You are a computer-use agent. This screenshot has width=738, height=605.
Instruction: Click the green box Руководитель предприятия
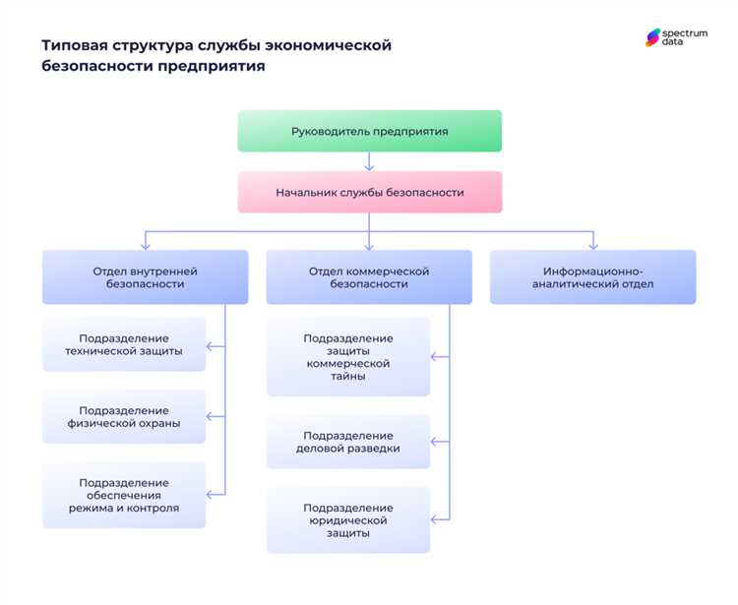[x=369, y=131]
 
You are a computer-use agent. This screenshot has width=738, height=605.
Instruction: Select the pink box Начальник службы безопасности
[x=369, y=192]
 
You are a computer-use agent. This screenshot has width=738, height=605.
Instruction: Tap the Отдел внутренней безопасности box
[x=145, y=276]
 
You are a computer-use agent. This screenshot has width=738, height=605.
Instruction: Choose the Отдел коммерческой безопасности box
[x=369, y=276]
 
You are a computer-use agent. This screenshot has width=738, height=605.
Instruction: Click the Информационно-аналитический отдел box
[x=592, y=276]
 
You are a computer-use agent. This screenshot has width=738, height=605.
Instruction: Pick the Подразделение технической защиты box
[x=124, y=344]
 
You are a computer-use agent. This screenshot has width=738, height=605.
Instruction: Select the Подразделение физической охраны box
[x=124, y=416]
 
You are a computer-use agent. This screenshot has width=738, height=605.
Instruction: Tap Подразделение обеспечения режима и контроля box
[x=124, y=495]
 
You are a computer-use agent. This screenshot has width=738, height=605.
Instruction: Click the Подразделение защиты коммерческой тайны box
[x=347, y=356]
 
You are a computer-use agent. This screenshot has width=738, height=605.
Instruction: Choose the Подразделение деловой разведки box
[x=347, y=442]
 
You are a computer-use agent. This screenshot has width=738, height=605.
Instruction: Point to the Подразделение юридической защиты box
[x=347, y=519]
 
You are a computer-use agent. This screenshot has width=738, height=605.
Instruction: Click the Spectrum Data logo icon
[x=653, y=37]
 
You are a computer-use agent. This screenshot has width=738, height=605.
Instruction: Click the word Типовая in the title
[x=73, y=45]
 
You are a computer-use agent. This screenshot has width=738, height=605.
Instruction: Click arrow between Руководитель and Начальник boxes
[x=369, y=161]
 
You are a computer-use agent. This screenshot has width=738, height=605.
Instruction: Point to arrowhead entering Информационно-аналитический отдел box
[x=592, y=245]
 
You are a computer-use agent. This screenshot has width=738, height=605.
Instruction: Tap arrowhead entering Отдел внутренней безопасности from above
[x=145, y=245]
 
